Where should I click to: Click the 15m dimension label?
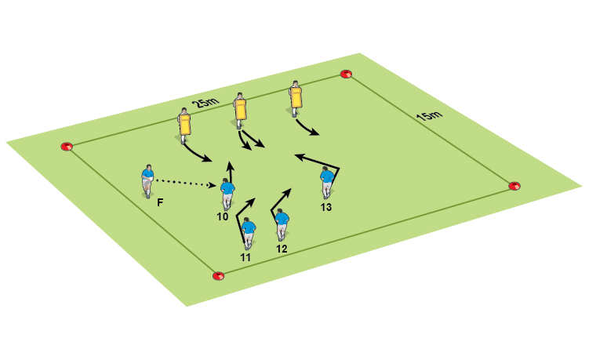point(428,117)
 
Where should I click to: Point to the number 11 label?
point(245,256)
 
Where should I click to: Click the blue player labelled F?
point(147,181)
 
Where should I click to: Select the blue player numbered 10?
point(227,193)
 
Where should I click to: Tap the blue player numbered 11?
point(249,232)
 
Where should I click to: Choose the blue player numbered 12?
point(282,224)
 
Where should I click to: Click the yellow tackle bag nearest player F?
point(185,125)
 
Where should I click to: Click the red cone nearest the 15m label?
point(346,75)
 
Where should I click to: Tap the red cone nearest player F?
point(67,146)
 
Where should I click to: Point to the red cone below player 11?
point(218,275)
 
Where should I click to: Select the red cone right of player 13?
point(514,186)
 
